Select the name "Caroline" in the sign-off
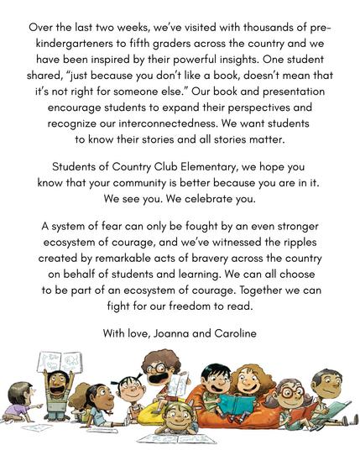tap(234, 334)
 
